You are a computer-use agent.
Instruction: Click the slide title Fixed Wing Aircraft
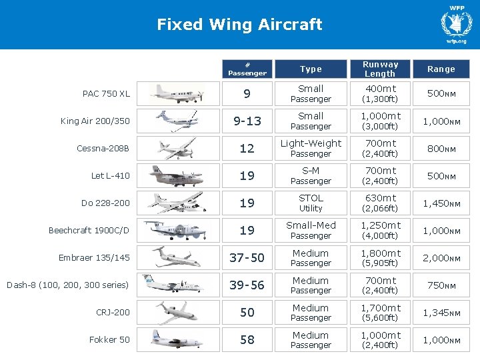click(x=239, y=25)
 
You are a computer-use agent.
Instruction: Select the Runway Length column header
click(x=380, y=69)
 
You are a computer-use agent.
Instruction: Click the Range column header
click(x=441, y=69)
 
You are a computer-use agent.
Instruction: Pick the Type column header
click(x=311, y=69)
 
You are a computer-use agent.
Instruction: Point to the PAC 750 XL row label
click(x=106, y=94)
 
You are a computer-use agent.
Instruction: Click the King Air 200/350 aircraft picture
click(x=177, y=121)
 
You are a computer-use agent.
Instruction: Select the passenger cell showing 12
click(x=247, y=149)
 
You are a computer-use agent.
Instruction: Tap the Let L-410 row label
click(x=111, y=176)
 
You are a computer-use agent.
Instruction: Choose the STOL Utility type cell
click(x=311, y=203)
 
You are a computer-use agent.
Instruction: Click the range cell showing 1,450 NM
click(x=441, y=203)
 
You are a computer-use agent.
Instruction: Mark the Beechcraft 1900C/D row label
click(x=89, y=231)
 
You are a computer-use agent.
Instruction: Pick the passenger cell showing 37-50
click(x=247, y=258)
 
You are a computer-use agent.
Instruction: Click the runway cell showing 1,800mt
click(x=380, y=258)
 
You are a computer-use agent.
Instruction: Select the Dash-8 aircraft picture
click(x=173, y=285)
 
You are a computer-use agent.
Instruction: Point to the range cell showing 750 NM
click(x=441, y=285)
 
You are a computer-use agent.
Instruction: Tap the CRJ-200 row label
click(x=114, y=312)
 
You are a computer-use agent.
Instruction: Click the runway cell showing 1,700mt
click(x=380, y=313)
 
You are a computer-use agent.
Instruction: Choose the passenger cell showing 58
click(x=247, y=340)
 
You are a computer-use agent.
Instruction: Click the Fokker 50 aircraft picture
click(x=177, y=339)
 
